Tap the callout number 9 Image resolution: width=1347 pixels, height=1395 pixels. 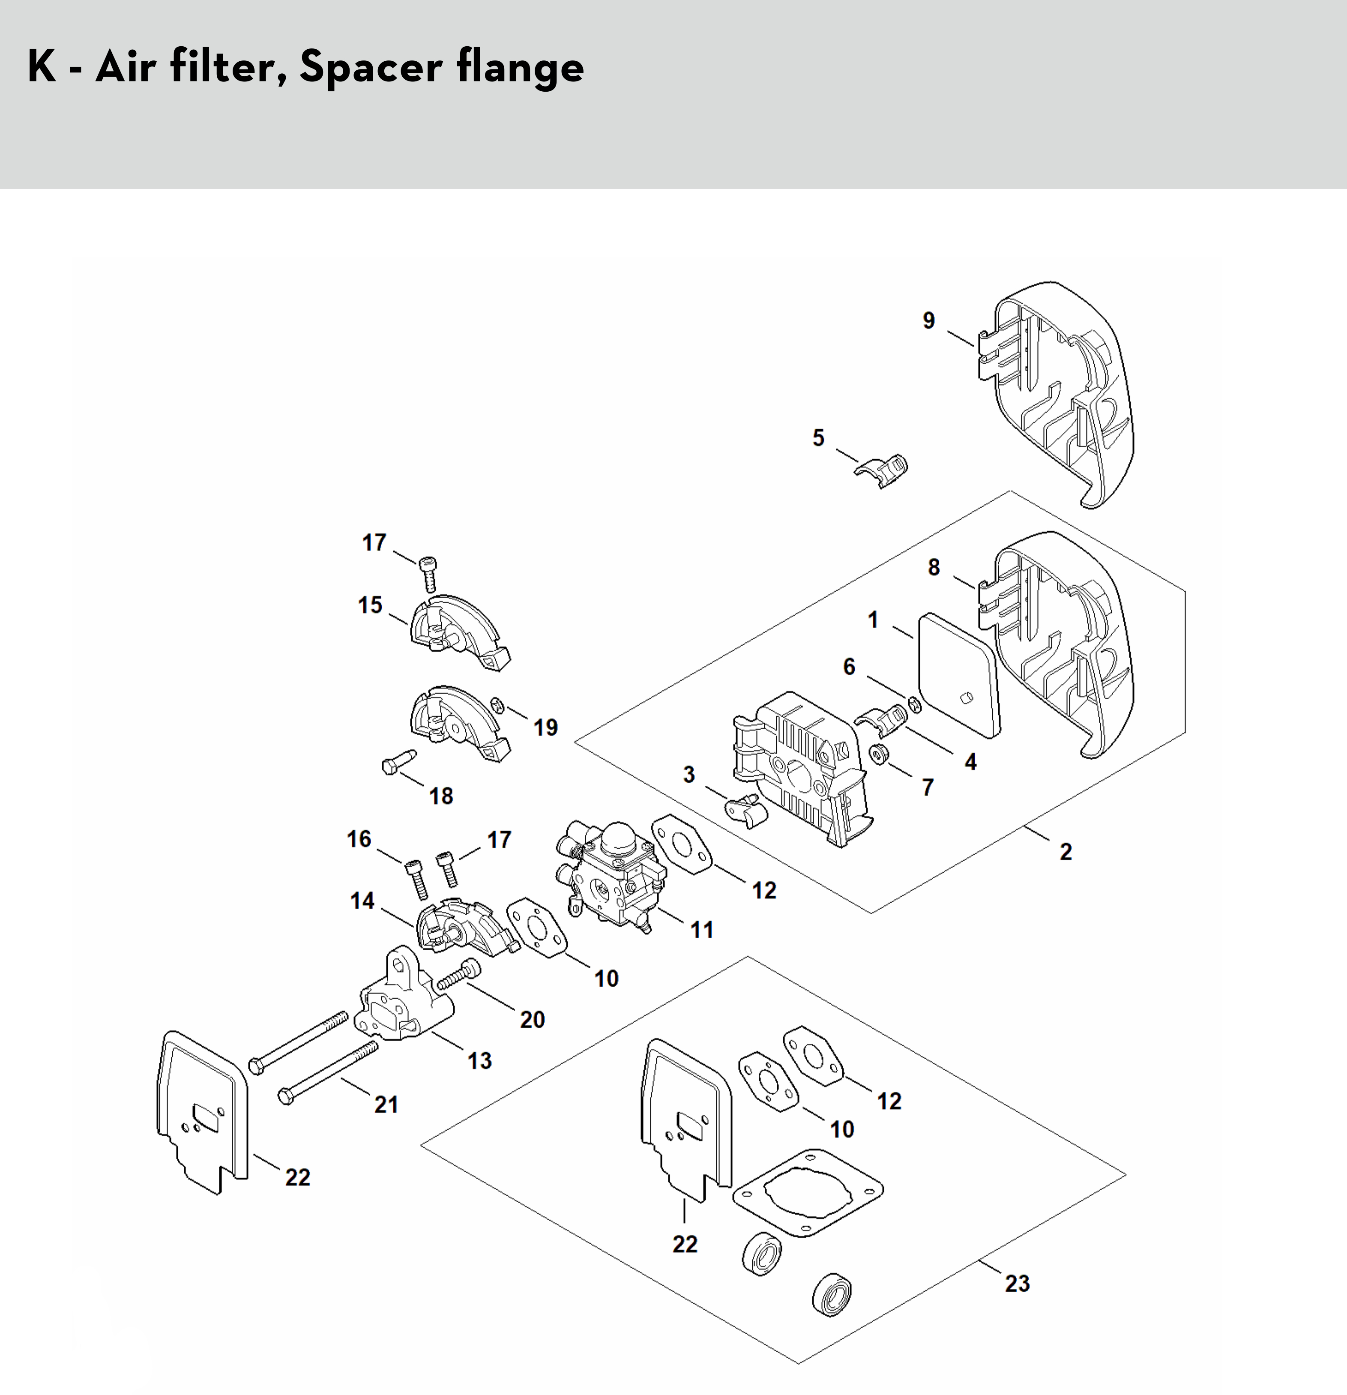(x=928, y=321)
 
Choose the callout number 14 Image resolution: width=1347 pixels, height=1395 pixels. (x=362, y=901)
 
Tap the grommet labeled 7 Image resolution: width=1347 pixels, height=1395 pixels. (x=879, y=753)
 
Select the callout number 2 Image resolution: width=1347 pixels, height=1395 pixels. (x=1065, y=851)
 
